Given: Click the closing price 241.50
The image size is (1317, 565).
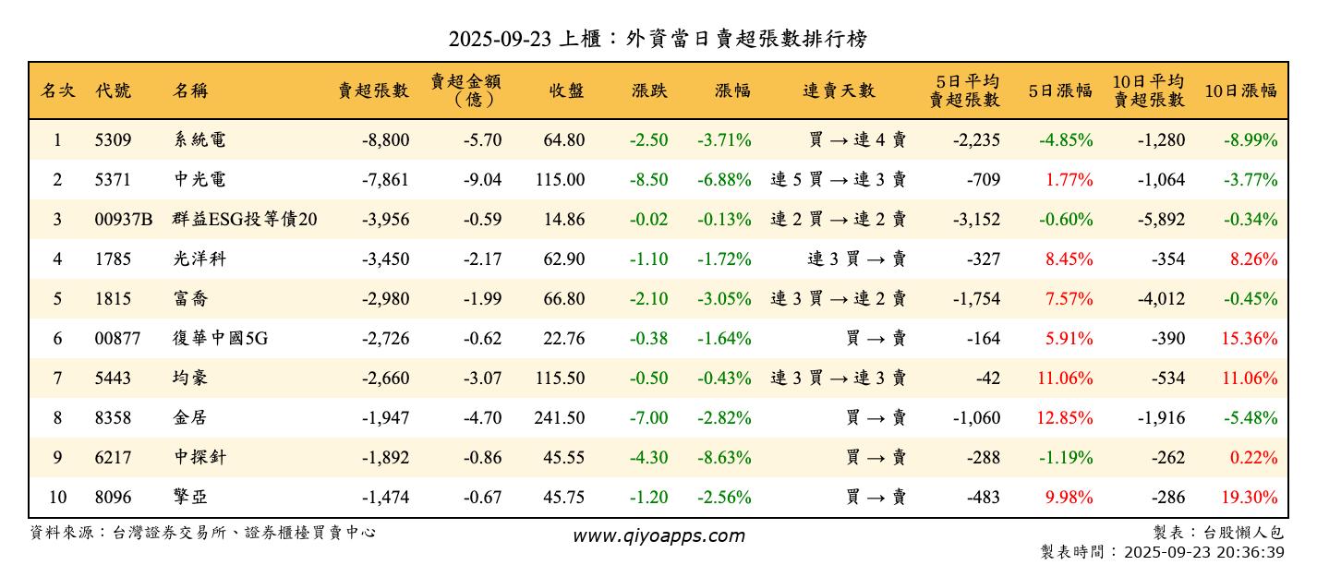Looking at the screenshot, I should click(x=559, y=418).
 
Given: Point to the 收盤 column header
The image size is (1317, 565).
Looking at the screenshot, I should click(x=566, y=90).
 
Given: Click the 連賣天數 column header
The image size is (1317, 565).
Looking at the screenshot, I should click(x=838, y=90).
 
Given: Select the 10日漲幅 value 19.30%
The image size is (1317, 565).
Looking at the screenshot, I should click(x=1250, y=498).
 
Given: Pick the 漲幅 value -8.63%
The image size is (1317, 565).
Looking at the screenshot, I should click(x=724, y=458).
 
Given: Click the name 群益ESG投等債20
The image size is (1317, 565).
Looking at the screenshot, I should click(x=245, y=220).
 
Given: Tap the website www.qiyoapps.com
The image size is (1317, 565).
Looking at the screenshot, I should click(x=658, y=535).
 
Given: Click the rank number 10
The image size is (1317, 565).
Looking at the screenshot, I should click(x=57, y=498).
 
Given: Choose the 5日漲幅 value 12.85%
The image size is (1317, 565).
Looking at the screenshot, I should click(x=1065, y=418).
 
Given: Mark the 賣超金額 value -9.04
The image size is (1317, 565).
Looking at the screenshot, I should click(x=483, y=180).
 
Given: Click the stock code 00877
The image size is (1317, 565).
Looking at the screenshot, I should click(x=117, y=339).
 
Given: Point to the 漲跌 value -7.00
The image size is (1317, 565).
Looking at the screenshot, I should click(x=648, y=418).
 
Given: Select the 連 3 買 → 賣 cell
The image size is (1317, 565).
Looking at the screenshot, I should click(x=856, y=259).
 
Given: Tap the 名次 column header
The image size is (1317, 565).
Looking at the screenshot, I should click(x=57, y=90).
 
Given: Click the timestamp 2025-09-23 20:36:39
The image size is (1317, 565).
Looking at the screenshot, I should click(x=1202, y=552).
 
